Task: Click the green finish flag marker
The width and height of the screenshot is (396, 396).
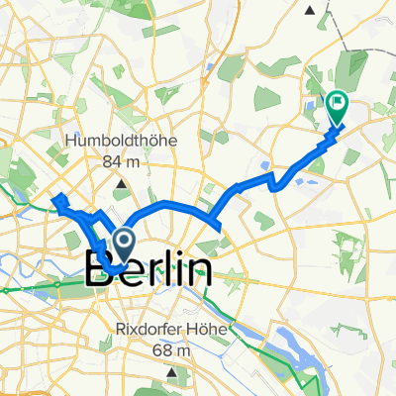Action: pyautogui.click(x=338, y=102)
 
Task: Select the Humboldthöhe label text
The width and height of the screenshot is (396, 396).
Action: pyautogui.click(x=121, y=142)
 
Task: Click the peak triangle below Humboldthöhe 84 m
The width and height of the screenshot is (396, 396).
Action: pyautogui.click(x=122, y=183)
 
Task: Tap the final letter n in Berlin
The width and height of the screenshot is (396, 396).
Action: pyautogui.click(x=202, y=268)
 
